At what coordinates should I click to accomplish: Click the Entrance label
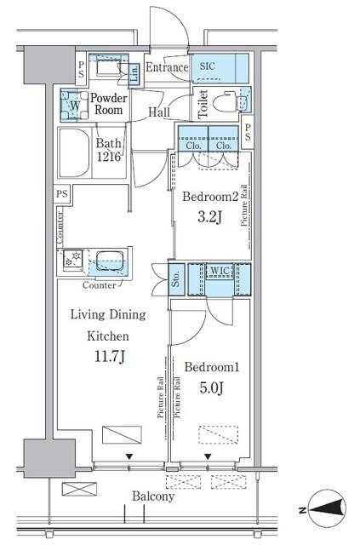point(167,67)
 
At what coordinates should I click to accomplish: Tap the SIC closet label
point(207,66)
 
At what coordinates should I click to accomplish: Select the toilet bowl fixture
point(226,102)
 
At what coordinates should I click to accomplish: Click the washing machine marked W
point(75,105)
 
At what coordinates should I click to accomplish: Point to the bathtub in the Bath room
point(74,153)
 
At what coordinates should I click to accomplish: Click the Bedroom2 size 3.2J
point(209,217)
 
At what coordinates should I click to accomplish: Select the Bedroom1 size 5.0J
point(211,387)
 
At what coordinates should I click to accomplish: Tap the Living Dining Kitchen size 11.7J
point(110,356)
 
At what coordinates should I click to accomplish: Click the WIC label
point(220,271)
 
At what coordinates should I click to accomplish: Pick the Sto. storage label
point(176,278)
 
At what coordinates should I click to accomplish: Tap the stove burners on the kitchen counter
point(72,259)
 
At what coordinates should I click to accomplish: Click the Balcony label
point(153,496)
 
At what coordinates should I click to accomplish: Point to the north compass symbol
point(328,510)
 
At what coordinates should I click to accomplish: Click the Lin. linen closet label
point(134,74)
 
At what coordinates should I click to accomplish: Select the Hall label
point(159,112)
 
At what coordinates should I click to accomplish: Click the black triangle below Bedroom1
point(208,456)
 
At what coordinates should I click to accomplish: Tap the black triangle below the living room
point(129,456)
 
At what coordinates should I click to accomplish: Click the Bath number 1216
point(109,157)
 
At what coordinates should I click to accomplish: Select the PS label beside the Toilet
point(248,132)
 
